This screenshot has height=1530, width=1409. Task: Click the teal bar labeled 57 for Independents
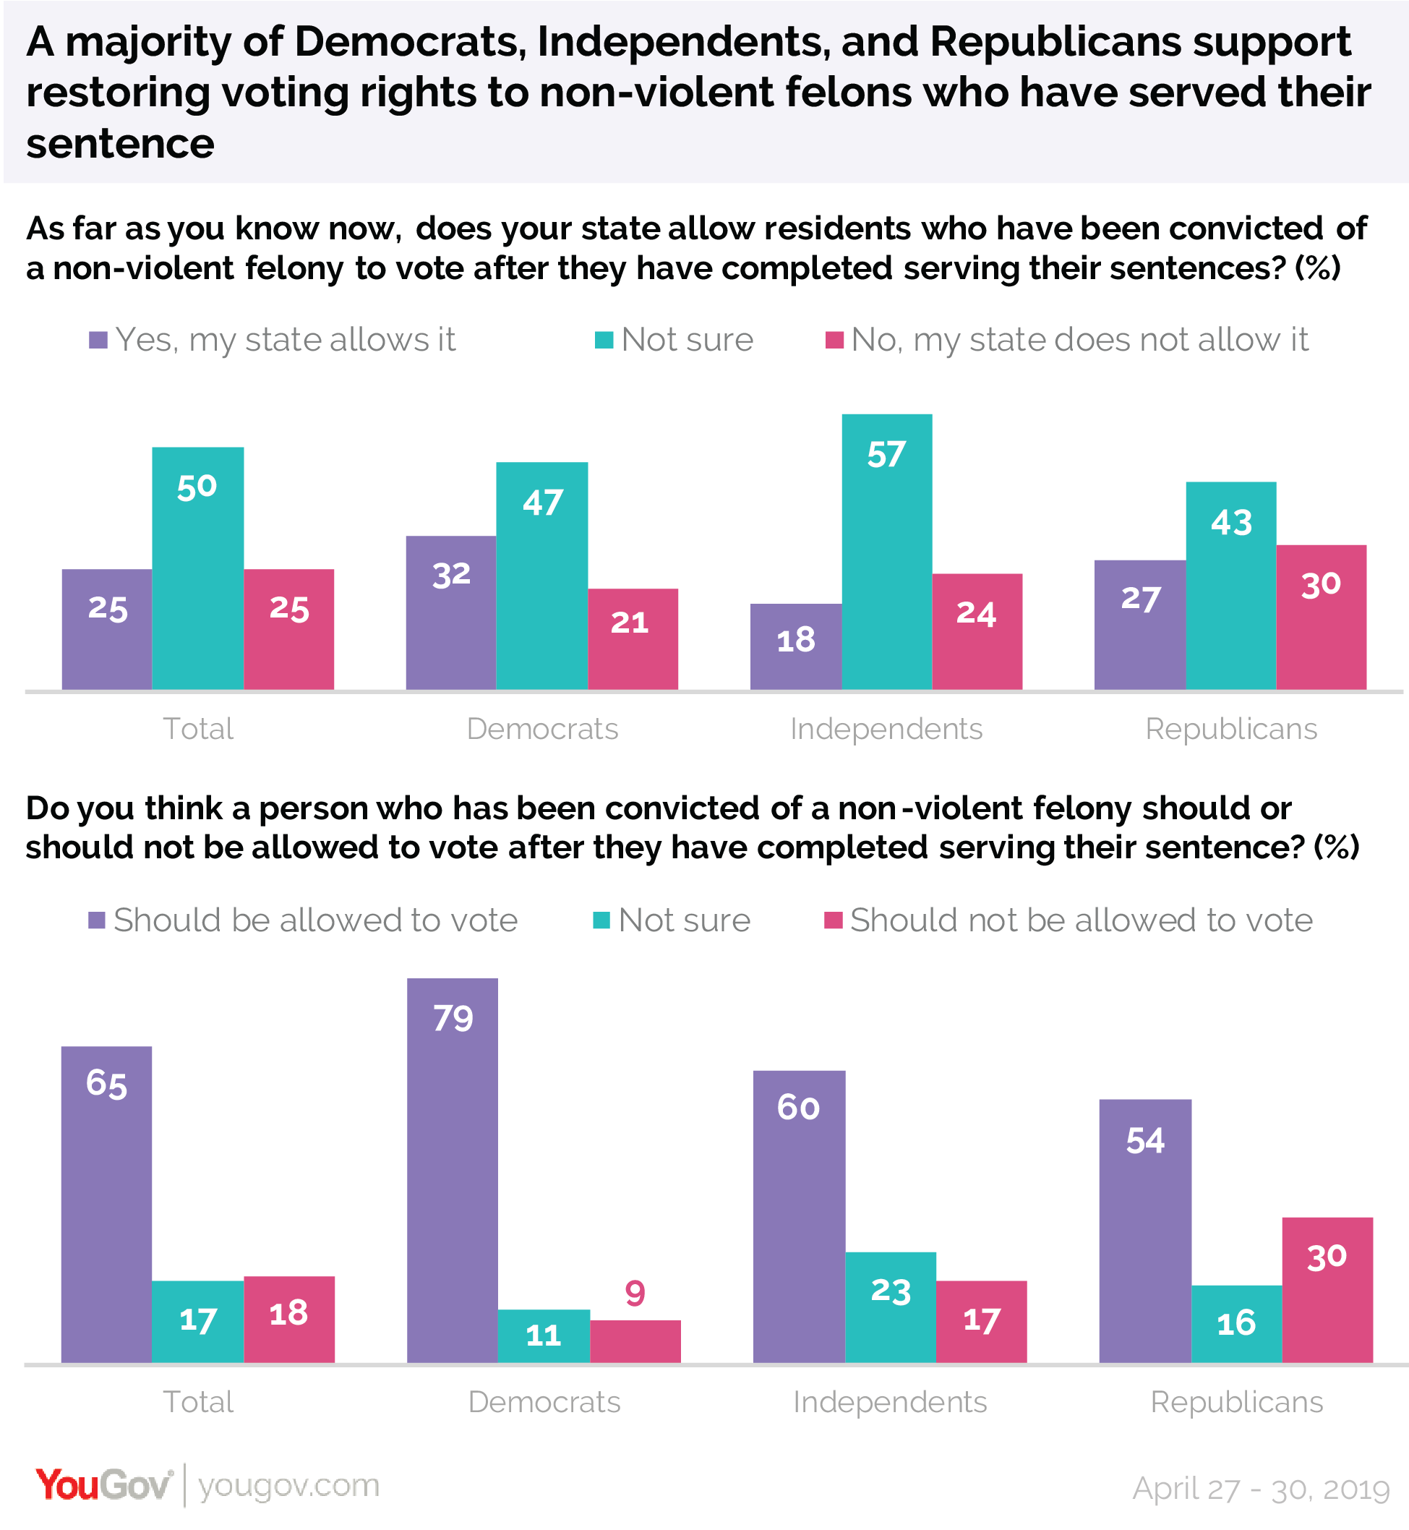tap(887, 552)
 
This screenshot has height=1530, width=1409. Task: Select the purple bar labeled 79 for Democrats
tap(453, 1171)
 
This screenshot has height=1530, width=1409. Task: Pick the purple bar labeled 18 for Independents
tap(795, 647)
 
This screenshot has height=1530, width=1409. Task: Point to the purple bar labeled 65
tap(107, 1205)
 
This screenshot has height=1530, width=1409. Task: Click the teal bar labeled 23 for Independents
tap(891, 1308)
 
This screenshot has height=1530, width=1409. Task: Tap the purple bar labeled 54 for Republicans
tap(1145, 1232)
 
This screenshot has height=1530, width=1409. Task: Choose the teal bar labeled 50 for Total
tap(197, 568)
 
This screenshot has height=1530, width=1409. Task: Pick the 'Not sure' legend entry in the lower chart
tap(672, 920)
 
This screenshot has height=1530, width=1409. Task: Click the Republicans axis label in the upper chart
tap(1230, 729)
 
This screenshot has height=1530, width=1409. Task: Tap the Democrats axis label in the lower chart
tap(544, 1403)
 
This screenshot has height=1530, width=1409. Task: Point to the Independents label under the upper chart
tap(886, 729)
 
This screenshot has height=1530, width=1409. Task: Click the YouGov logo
tap(103, 1486)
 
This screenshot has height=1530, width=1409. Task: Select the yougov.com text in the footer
tap(288, 1486)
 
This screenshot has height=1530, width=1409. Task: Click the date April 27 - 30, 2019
tap(1261, 1489)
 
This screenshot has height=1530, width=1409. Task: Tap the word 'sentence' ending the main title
tap(121, 143)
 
